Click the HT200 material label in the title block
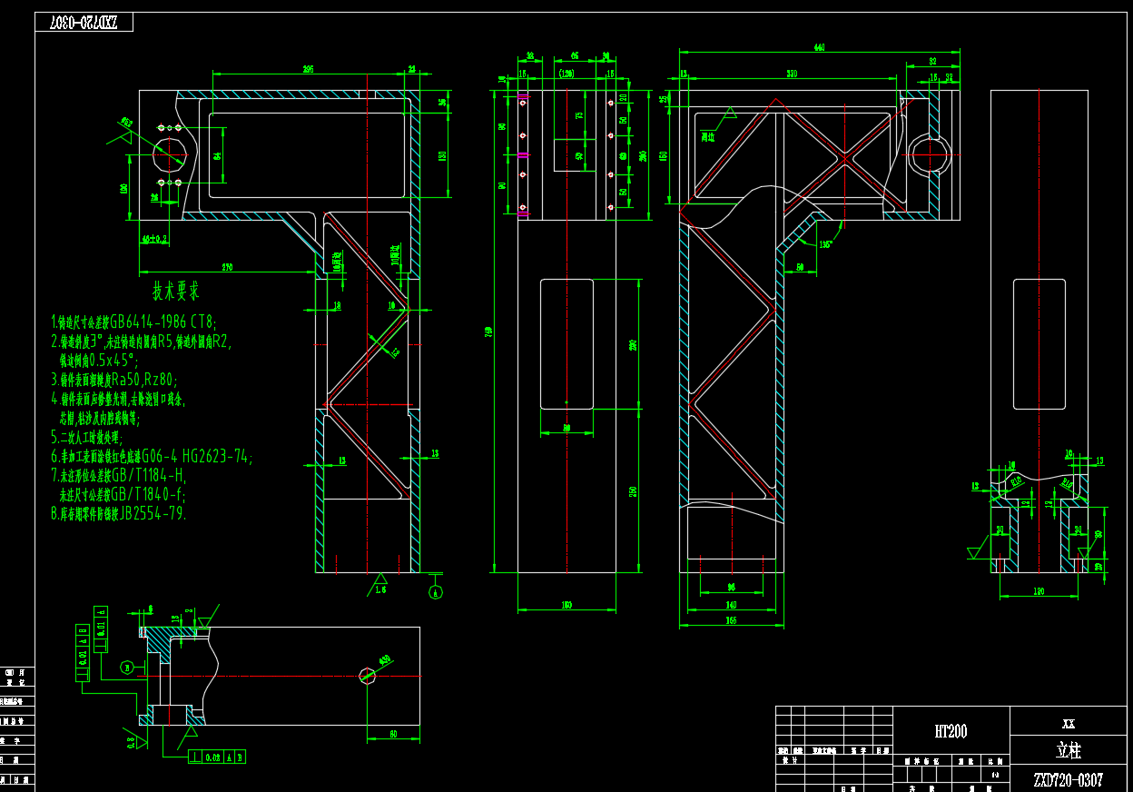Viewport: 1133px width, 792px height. point(951,732)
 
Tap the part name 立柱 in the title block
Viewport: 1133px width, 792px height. point(1069,751)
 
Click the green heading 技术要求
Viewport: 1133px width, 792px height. point(176,292)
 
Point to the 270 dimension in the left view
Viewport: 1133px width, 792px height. point(226,267)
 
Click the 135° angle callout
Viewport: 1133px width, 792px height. point(824,244)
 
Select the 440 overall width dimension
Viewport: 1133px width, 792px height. point(820,48)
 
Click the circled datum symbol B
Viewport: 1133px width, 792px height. point(128,668)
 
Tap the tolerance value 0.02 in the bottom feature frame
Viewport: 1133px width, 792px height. point(212,756)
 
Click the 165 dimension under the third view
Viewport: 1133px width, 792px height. point(731,621)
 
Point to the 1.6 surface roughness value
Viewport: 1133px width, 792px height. point(380,589)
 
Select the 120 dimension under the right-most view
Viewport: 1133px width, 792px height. point(1039,592)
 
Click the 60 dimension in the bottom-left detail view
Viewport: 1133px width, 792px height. point(393,733)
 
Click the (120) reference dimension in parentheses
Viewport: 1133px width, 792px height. point(567,74)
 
